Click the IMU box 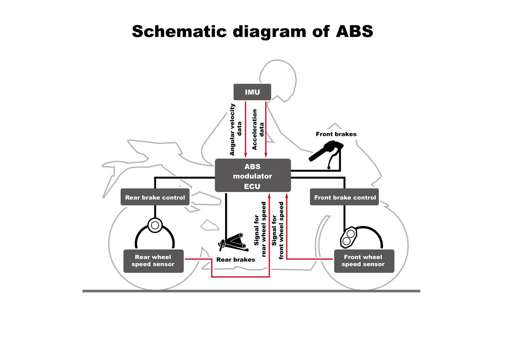252,92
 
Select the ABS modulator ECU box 252,176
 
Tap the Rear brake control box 155,197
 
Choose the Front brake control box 345,197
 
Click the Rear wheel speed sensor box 153,261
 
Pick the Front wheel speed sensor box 364,261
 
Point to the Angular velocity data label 235,130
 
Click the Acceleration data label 258,130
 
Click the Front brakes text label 336,134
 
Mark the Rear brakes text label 236,260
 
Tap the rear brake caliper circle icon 154,225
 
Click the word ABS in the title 349,32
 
